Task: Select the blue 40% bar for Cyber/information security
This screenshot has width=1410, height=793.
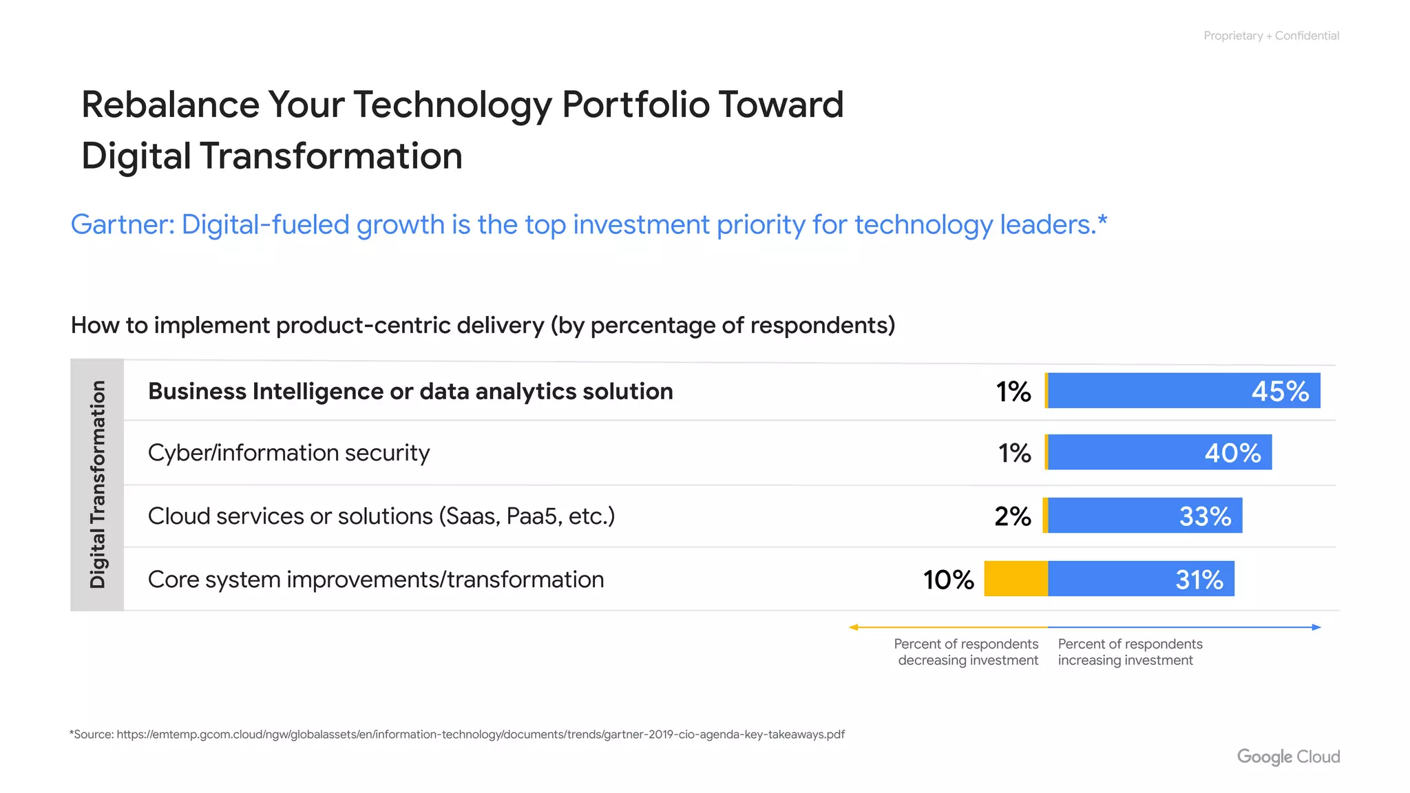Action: click(1159, 452)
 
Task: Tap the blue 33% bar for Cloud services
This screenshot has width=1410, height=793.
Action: click(1145, 516)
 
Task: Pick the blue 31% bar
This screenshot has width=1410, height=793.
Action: click(1141, 579)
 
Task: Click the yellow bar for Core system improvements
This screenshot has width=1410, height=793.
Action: click(1016, 579)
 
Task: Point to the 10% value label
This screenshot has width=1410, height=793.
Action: click(948, 580)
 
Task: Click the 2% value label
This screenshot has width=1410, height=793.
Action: click(1012, 516)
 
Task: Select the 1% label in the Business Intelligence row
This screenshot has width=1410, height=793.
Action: click(1013, 392)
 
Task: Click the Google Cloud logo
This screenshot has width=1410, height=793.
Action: click(1288, 757)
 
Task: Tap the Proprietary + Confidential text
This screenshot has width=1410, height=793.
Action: click(1271, 36)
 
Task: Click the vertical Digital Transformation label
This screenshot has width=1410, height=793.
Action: click(98, 485)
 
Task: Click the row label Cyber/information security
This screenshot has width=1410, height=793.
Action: click(288, 453)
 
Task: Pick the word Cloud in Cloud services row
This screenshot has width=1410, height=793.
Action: click(178, 516)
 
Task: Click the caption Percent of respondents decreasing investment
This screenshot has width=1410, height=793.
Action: click(967, 652)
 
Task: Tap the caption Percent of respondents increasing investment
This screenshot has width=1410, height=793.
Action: click(1129, 652)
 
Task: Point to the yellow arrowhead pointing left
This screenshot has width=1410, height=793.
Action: click(853, 627)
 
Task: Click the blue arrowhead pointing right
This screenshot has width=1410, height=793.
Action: click(1317, 627)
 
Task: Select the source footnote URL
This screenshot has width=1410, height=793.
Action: click(480, 734)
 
